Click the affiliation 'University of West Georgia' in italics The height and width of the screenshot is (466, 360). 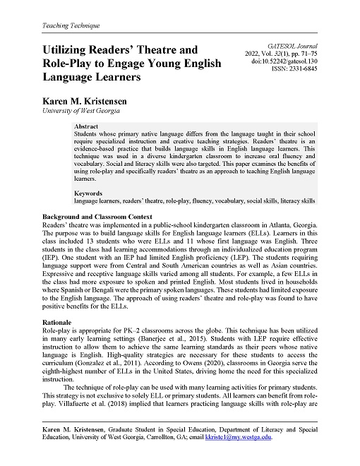pyautogui.click(x=81, y=111)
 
